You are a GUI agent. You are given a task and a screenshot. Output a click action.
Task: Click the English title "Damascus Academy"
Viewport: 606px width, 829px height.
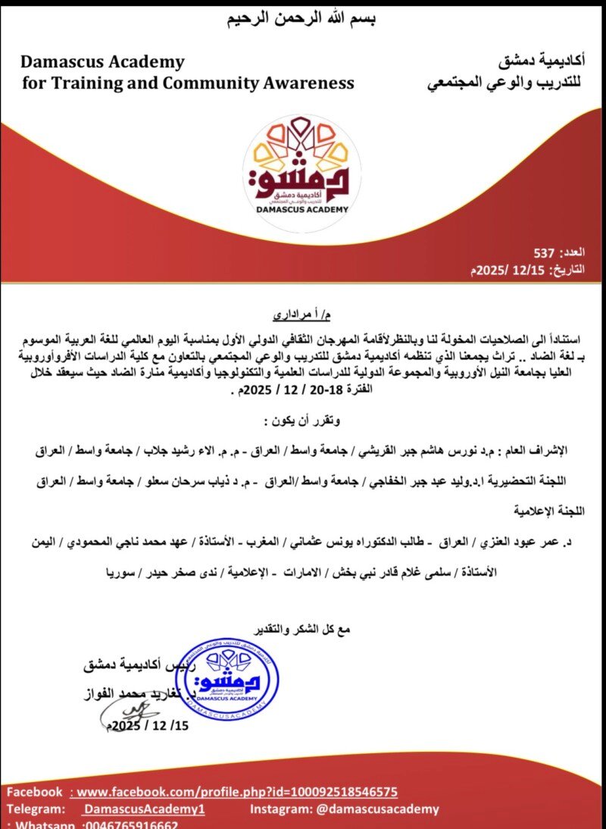coord(102,61)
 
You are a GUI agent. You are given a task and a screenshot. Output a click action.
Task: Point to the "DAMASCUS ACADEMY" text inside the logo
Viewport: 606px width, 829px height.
coord(301,208)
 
